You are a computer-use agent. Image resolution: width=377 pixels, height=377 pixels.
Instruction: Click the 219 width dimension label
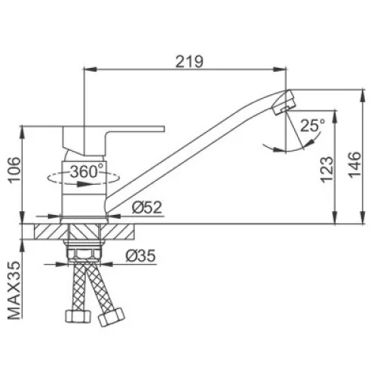189,62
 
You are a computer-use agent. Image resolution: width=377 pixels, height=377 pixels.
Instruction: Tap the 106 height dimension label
14,170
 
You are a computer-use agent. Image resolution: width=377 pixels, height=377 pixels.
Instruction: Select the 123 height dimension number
326,170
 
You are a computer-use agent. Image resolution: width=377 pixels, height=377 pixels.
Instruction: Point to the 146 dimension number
354,165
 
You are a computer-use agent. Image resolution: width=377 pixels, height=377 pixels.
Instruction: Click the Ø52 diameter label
147,207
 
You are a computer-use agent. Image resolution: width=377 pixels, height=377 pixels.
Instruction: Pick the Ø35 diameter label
141,256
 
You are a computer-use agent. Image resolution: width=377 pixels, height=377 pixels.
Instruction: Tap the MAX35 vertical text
14,290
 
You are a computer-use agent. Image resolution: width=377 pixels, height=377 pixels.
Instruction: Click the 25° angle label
313,125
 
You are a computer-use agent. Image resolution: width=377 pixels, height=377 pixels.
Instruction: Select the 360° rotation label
87,171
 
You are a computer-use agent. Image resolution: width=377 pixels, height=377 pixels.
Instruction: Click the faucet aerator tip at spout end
284,103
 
